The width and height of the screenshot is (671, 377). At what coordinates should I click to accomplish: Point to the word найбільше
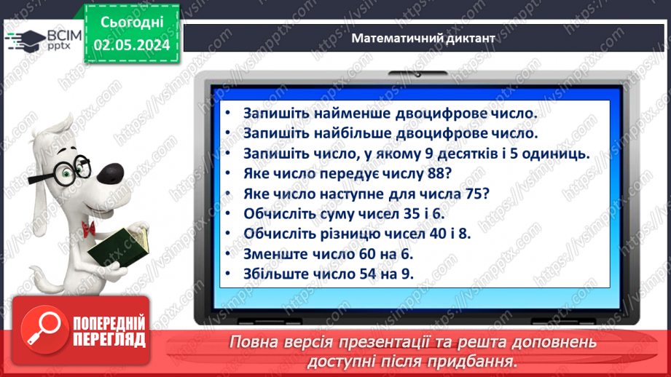[355, 134]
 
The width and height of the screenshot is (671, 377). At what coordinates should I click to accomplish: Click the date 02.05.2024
[132, 44]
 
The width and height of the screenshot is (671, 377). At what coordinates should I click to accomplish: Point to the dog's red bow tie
[89, 228]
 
